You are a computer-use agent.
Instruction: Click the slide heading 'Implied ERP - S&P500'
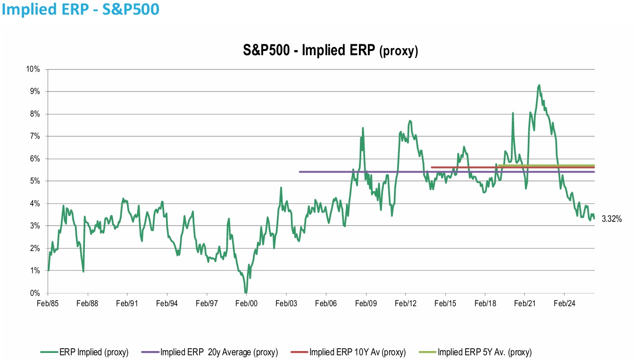coord(80,9)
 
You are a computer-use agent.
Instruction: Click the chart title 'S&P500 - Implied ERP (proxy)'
coord(331,50)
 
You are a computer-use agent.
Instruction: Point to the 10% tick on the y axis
coord(33,69)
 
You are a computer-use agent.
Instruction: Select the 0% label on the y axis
coord(35,293)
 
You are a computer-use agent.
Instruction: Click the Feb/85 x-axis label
coord(48,303)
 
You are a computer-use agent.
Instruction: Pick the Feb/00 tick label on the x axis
coord(246,303)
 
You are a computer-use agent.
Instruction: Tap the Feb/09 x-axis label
coord(366,303)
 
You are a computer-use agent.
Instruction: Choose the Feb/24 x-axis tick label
coord(564,303)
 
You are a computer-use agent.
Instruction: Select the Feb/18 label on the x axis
coord(485,303)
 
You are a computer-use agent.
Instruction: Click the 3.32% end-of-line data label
coord(612,219)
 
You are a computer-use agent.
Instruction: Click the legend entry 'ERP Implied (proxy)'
coord(84,352)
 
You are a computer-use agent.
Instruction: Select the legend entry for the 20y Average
coord(209,352)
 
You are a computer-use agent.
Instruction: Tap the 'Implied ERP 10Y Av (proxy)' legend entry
coord(348,352)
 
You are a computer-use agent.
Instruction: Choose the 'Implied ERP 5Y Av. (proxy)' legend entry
coord(475,352)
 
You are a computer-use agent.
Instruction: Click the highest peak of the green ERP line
coord(539,85)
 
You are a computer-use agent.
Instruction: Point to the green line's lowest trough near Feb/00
coord(246,292)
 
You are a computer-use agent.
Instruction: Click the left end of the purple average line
coord(300,172)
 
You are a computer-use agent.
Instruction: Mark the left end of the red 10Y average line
coord(432,167)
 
